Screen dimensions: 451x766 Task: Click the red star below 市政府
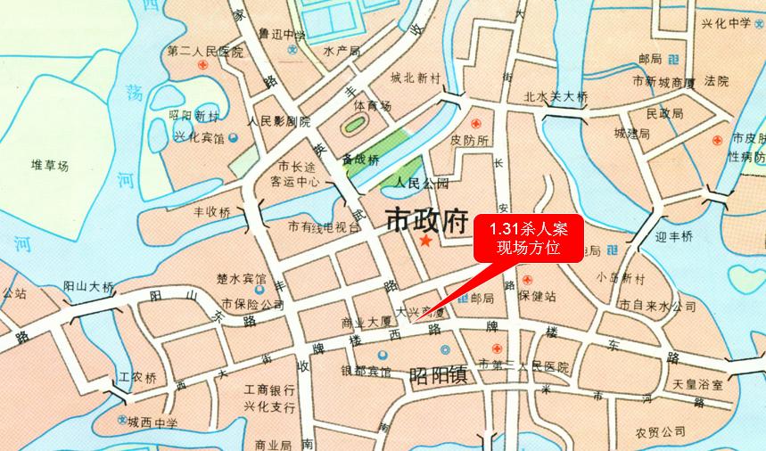click(425, 242)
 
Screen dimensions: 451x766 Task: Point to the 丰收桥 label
click(211, 213)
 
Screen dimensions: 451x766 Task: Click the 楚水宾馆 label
click(242, 279)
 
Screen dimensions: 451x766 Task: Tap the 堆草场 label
click(50, 165)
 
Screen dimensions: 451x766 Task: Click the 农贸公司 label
click(660, 432)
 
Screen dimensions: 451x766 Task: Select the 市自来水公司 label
click(657, 307)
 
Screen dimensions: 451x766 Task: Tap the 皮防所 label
click(470, 140)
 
